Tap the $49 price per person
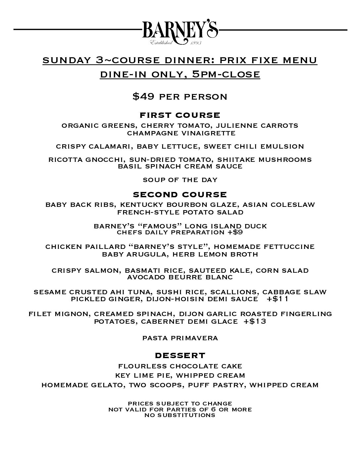point(180,97)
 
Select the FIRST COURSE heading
point(180,115)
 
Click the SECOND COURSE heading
point(180,194)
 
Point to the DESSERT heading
point(180,355)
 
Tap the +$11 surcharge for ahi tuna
point(279,299)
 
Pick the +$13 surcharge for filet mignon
point(255,321)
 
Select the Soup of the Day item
point(180,180)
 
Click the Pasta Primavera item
point(180,338)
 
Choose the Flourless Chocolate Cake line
point(180,366)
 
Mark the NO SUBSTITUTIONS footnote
point(180,415)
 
